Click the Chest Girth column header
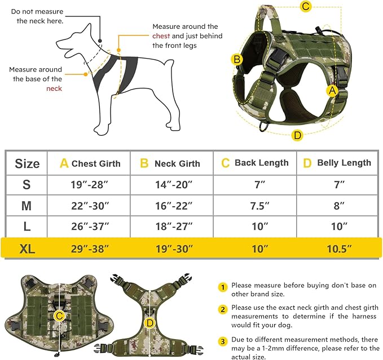90,163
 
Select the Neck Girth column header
170,163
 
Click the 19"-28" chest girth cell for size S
89,184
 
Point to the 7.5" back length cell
255,206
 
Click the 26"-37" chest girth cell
89,227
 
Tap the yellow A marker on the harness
333,90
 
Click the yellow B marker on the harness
237,59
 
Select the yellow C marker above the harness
305,7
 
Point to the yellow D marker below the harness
297,134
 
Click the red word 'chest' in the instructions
161,36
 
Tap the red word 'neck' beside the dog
54,88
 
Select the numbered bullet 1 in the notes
223,287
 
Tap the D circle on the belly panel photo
149,323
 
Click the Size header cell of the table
27,163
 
